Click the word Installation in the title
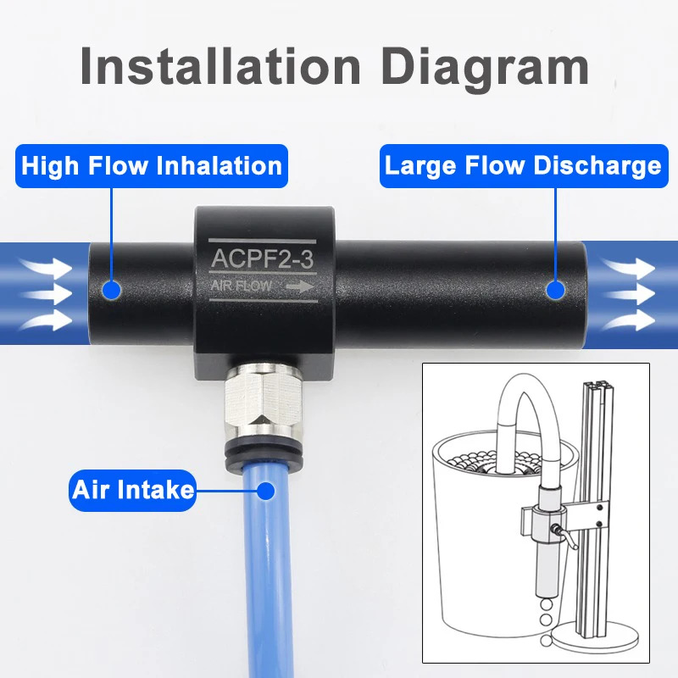click(220, 66)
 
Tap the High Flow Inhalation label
click(152, 166)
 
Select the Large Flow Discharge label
click(524, 166)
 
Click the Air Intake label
click(133, 491)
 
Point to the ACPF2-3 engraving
click(262, 259)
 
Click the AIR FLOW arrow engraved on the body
click(300, 286)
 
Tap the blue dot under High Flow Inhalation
click(112, 290)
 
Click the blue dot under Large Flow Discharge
click(555, 290)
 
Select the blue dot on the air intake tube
click(265, 491)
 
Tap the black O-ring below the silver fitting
click(263, 454)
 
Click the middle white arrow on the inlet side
click(47, 294)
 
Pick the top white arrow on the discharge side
click(629, 268)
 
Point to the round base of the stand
click(589, 638)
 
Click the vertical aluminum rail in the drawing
click(595, 510)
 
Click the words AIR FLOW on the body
click(242, 286)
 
